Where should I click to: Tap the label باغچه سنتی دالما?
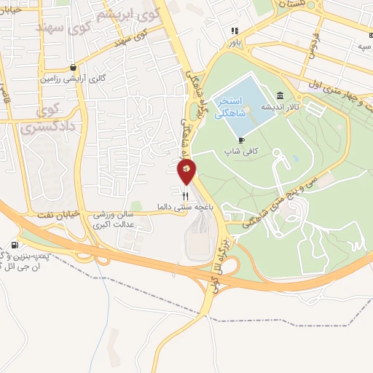coord(186,207)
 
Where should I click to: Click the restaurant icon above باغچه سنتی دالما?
coord(186,195)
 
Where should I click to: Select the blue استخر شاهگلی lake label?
coord(233,104)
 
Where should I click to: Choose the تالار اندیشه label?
coord(282,107)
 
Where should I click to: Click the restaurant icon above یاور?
coord(235,31)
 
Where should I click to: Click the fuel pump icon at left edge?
coord(17,244)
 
